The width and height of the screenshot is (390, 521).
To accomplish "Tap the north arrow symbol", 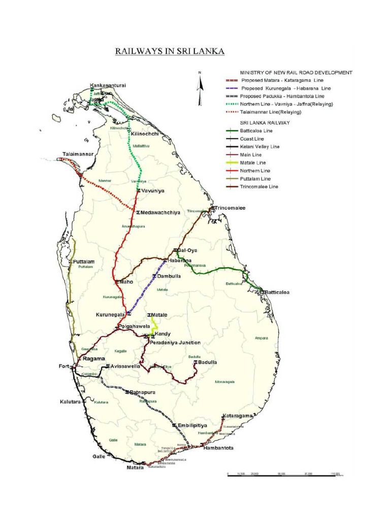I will point(200,81).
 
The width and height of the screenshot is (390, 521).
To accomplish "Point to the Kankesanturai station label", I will point(108,85).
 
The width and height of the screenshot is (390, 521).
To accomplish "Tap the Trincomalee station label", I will point(230,208).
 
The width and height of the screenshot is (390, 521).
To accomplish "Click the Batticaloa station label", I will point(277,292).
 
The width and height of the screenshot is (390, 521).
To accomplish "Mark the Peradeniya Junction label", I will point(175,342).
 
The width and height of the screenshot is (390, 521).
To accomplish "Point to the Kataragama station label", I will point(237,416).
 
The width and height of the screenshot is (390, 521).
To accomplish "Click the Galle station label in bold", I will point(99,456).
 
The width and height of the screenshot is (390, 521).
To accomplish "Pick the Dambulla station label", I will point(169,276).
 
